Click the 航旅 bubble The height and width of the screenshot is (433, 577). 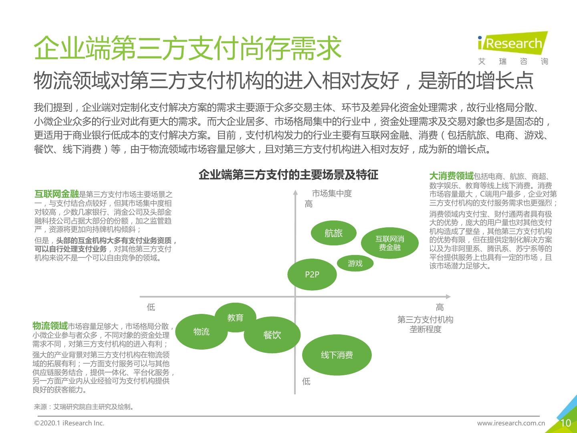(334, 233)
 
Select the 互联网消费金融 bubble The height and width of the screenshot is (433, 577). (389, 243)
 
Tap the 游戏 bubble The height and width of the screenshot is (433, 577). (355, 263)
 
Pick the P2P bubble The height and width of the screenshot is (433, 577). (312, 275)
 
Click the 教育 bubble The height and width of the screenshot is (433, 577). (235, 318)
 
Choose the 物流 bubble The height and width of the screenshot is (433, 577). (202, 332)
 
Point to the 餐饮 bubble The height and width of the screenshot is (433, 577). (272, 335)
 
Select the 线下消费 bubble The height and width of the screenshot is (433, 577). (337, 355)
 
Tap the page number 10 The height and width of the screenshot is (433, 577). (565, 423)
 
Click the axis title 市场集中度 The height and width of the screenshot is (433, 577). (332, 194)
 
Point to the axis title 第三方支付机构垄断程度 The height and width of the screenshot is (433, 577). (425, 324)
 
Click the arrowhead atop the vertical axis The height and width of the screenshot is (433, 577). (295, 192)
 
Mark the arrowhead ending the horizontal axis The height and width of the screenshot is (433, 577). (448, 297)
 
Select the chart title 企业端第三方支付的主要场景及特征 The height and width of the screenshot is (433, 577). (288, 175)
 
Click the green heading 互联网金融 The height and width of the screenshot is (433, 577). (56, 194)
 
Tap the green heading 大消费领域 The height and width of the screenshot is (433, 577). (451, 176)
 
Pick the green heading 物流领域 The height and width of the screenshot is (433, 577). (50, 326)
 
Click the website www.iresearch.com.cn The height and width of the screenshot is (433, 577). (511, 423)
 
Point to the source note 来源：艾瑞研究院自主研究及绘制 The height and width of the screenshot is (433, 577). (84, 407)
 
